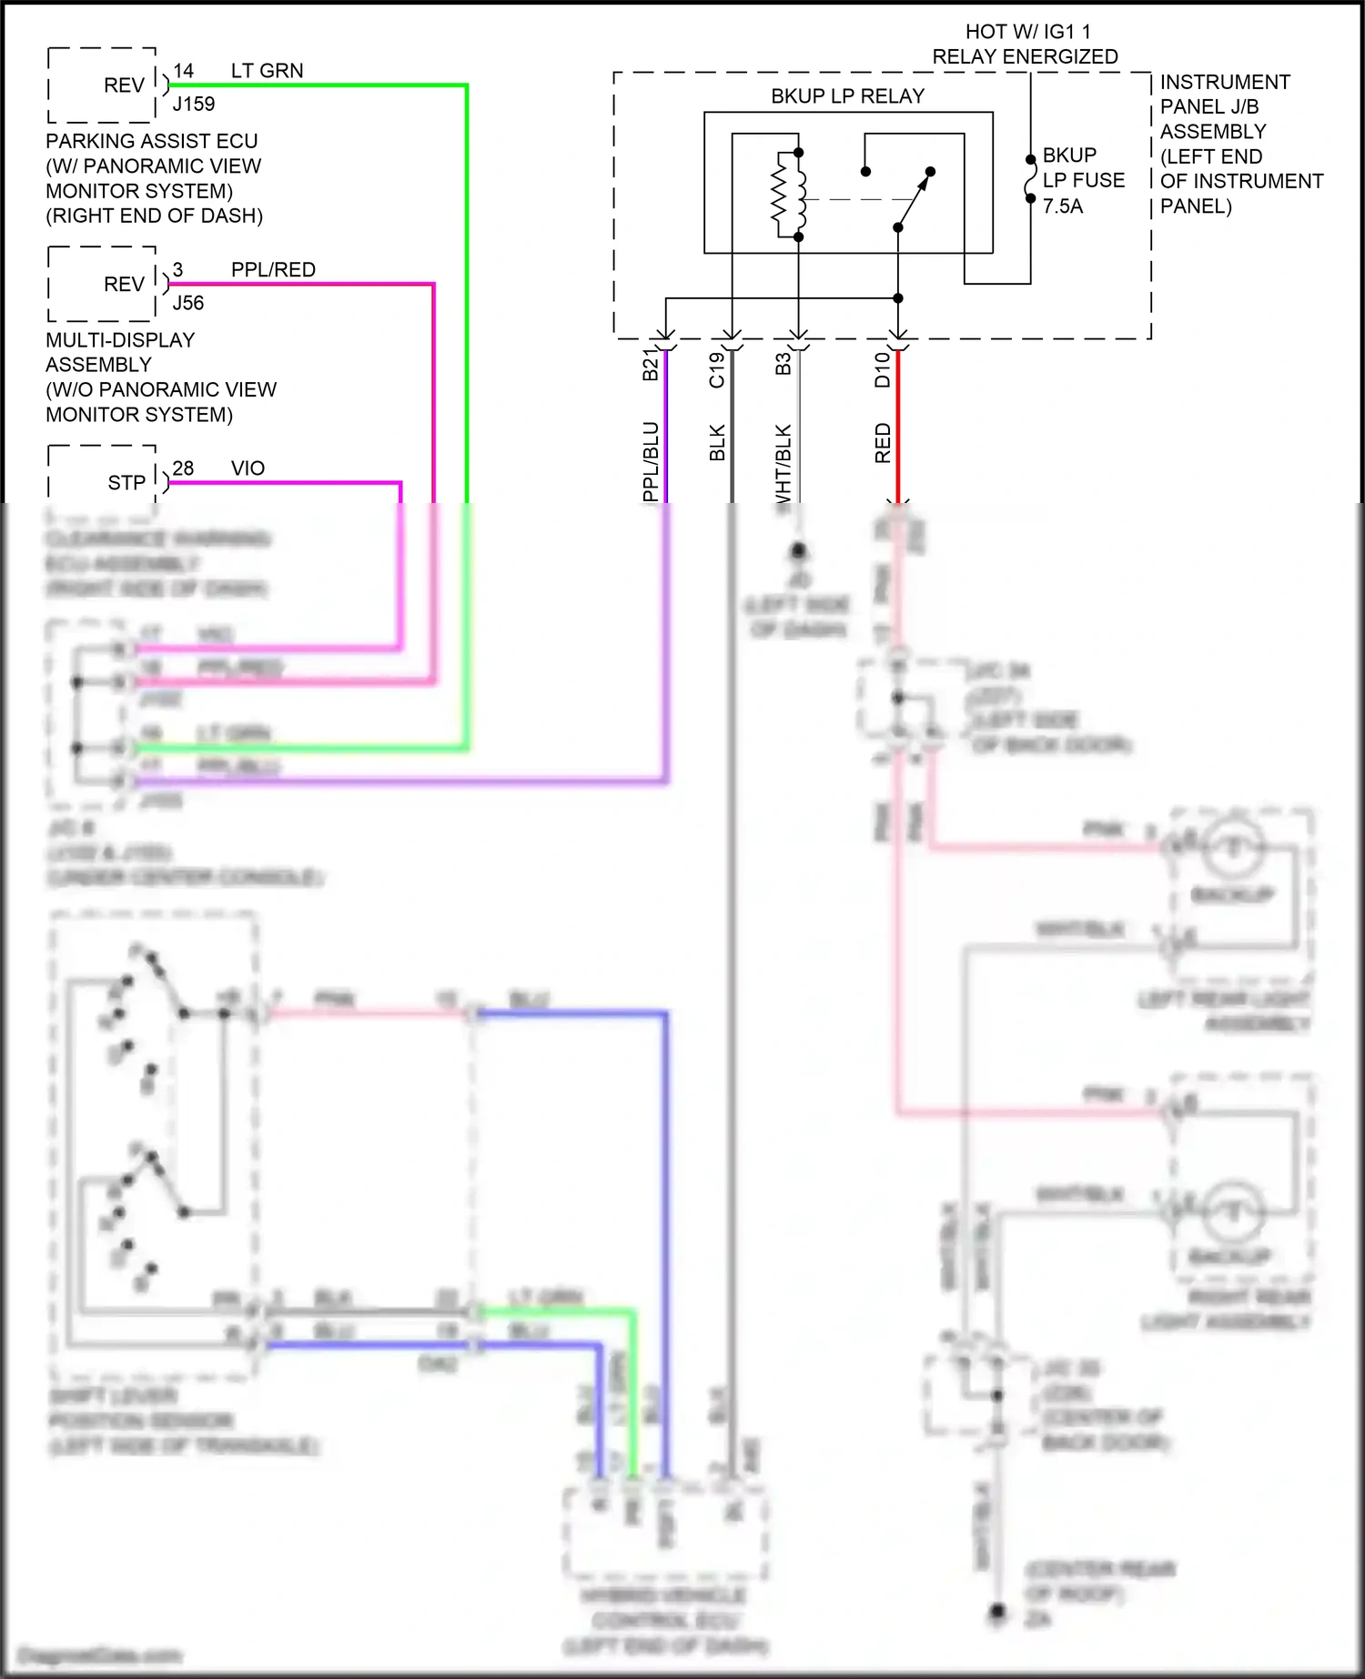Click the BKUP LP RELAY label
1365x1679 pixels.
847,96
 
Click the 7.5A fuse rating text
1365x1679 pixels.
1063,206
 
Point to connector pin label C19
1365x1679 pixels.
717,369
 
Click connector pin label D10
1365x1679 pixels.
882,369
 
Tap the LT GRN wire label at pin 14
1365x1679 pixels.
267,71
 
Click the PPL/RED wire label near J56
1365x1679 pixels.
273,270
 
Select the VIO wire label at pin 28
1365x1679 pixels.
248,468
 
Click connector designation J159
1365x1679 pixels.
194,105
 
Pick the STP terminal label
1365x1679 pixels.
126,483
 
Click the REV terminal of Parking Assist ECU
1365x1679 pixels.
124,85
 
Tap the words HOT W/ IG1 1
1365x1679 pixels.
1027,32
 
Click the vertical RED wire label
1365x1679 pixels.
882,443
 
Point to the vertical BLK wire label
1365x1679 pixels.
717,442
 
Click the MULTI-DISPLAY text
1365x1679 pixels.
120,340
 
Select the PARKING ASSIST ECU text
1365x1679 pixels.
151,142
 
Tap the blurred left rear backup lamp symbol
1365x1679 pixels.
1233,848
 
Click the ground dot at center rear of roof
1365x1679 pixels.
997,1612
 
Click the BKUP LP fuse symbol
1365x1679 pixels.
1030,179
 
